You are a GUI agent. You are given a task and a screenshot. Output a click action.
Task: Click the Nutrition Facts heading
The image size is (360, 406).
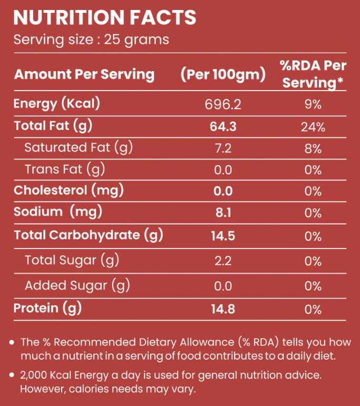point(104,17)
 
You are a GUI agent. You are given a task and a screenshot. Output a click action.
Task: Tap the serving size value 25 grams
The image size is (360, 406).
point(137,40)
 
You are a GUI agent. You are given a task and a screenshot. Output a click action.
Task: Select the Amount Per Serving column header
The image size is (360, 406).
point(84,74)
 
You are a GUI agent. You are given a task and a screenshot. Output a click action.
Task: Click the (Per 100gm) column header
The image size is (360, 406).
point(222,74)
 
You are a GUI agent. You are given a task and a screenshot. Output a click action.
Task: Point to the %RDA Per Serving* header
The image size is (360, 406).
point(313,74)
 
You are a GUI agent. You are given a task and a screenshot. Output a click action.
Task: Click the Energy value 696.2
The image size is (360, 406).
point(223,104)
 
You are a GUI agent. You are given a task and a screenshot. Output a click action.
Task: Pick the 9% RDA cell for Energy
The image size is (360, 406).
point(313,104)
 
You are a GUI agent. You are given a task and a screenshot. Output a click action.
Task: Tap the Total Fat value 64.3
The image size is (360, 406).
point(223,126)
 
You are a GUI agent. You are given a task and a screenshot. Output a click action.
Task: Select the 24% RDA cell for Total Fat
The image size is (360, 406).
point(313,126)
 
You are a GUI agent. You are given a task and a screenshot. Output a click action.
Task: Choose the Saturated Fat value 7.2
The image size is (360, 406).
point(223,148)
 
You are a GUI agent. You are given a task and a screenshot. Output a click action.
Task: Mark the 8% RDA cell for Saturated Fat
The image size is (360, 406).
point(313,148)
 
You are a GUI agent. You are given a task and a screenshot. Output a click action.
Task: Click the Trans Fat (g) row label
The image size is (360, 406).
point(65,169)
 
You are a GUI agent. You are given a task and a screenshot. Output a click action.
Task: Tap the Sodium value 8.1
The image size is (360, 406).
point(223,212)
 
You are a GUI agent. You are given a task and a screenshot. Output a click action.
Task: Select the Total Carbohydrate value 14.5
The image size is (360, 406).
point(223,235)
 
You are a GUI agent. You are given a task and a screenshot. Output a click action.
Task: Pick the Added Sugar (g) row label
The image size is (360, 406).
point(77,286)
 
